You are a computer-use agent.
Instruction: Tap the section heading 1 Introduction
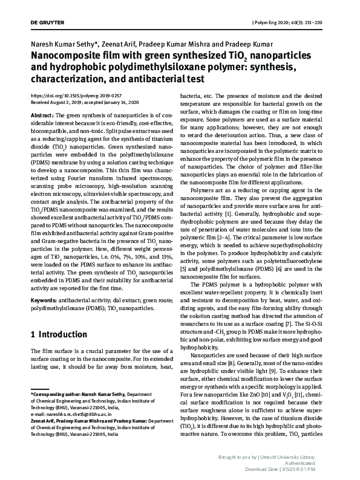pyautogui.click(x=59, y=334)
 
